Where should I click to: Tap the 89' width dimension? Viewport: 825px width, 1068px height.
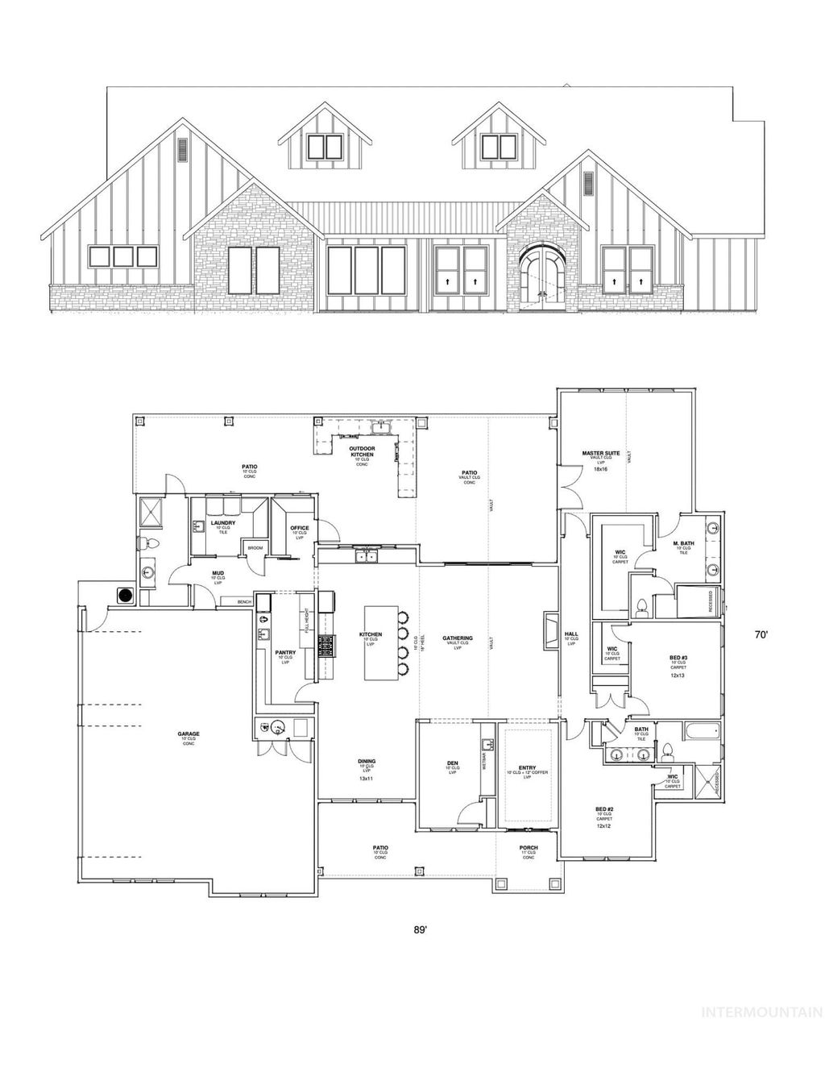coord(420,929)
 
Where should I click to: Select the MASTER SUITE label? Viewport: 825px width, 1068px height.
coord(599,453)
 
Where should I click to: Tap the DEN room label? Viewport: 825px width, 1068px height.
coord(452,763)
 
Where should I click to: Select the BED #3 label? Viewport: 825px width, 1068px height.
coord(678,659)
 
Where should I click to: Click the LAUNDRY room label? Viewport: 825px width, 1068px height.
coord(222,523)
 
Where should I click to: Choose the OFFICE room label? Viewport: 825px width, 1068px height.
coord(300,529)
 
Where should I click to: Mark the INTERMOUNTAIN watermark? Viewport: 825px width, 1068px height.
coord(761,1012)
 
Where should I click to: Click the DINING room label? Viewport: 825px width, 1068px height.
coord(367,762)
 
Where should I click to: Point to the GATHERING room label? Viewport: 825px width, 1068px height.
coord(457,638)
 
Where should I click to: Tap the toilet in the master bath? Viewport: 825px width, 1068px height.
coord(643,605)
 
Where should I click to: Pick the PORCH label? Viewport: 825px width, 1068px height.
coord(528,848)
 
